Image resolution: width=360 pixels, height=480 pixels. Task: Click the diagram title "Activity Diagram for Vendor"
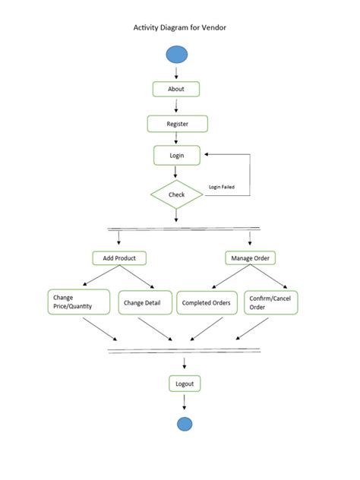180,27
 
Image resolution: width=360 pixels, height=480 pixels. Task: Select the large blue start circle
176,54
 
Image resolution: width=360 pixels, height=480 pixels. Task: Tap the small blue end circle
185,424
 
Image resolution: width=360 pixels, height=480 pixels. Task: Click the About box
176,89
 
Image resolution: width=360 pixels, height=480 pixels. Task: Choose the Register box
177,123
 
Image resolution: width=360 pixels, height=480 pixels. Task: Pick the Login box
177,155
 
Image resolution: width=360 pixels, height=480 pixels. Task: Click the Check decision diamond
176,194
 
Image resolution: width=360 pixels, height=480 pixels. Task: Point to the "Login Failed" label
223,186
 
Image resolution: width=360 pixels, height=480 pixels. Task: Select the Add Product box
119,258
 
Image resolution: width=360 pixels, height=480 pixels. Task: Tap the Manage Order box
251,258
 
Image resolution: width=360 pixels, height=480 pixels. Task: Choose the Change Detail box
141,302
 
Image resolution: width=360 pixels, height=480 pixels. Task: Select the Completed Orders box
205,302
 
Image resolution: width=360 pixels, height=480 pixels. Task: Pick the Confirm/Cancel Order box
270,302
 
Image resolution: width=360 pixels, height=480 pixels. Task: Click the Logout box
185,384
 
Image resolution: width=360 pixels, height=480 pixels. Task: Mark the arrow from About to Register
176,106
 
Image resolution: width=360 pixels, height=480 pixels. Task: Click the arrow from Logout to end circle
185,403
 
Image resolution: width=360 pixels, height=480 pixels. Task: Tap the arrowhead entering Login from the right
208,154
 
